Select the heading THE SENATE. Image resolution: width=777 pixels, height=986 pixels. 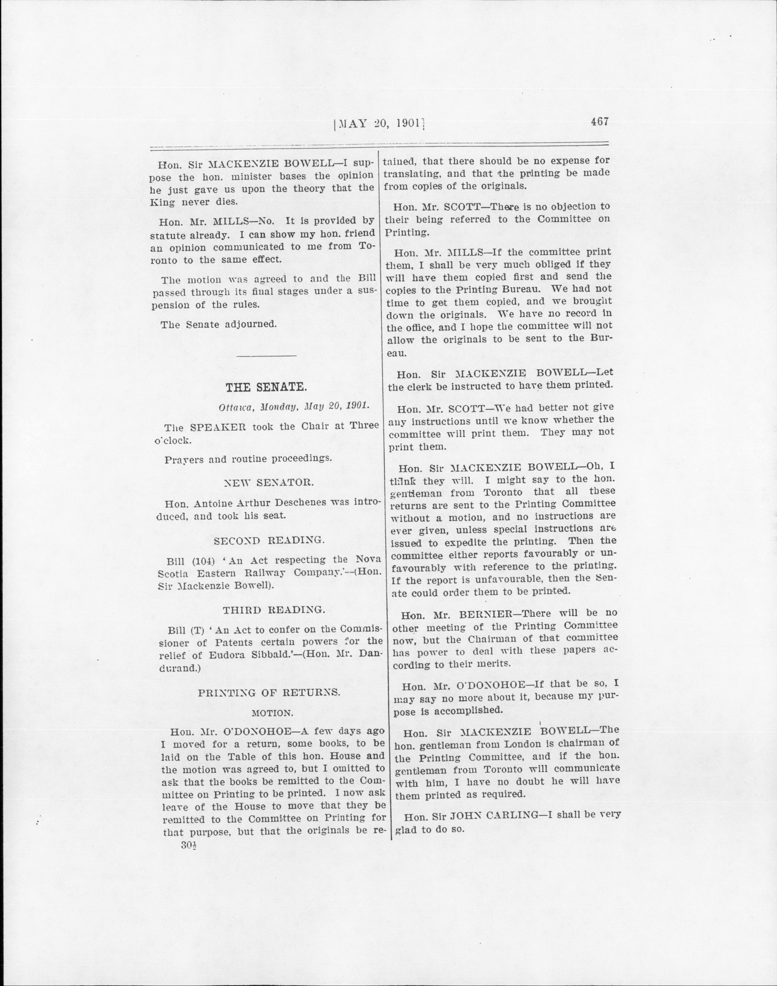click(266, 387)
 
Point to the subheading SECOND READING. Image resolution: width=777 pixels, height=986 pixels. click(269, 540)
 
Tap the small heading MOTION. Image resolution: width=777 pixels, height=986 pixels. click(272, 713)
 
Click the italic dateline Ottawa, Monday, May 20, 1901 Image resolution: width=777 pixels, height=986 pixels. click(294, 406)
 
